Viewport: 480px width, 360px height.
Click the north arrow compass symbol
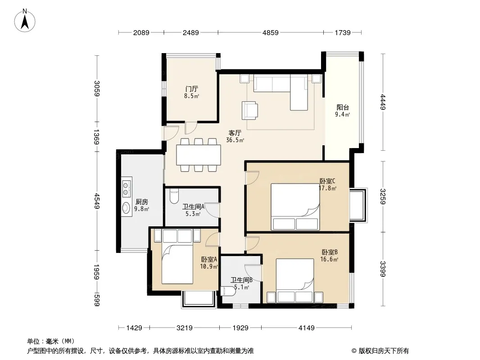coord(25,20)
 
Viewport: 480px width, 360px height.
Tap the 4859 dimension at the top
coord(271,32)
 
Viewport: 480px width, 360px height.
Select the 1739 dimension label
coord(343,32)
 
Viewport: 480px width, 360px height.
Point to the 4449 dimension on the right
coord(383,102)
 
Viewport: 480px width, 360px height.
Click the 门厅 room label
coord(192,89)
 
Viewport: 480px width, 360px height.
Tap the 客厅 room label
coord(235,133)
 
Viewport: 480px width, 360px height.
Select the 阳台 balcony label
coord(343,108)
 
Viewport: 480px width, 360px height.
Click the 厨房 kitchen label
coord(142,202)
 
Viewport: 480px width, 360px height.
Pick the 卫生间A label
coord(194,207)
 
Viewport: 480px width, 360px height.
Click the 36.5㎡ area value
coord(235,140)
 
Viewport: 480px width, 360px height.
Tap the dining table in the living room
coord(199,155)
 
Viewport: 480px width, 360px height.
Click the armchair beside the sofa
coord(250,110)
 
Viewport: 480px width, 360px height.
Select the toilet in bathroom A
coord(173,196)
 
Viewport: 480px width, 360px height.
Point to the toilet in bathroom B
coord(228,291)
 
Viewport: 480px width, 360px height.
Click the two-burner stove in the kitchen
coord(126,189)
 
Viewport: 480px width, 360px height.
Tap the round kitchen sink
coord(126,208)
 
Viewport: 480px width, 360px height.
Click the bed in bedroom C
coord(295,207)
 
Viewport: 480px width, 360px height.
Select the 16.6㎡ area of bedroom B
coord(329,259)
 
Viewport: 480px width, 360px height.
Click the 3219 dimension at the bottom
coord(185,328)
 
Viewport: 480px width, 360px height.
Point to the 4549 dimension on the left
coord(97,201)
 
